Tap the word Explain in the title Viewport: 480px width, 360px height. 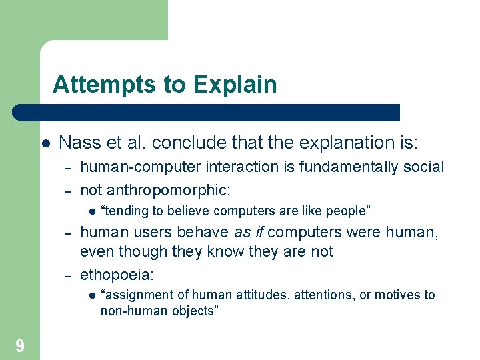click(x=235, y=85)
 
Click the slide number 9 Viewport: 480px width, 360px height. click(x=20, y=345)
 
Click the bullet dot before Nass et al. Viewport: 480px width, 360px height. click(x=46, y=143)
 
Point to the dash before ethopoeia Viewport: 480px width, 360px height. click(x=67, y=275)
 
